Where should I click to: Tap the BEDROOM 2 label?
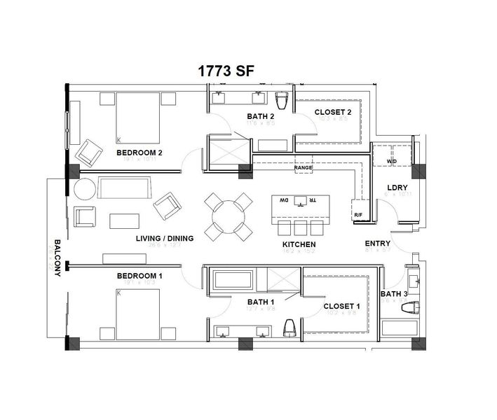(x=139, y=152)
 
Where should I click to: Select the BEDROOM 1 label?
(x=139, y=276)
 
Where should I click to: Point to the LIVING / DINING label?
(x=165, y=239)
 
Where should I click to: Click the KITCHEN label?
(x=299, y=245)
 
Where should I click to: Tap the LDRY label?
(x=397, y=187)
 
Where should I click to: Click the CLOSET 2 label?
(x=333, y=112)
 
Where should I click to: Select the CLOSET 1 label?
(x=342, y=307)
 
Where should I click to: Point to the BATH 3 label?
(x=394, y=294)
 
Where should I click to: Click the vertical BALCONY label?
(x=57, y=259)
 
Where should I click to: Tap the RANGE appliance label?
(x=304, y=168)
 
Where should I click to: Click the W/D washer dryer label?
(x=391, y=162)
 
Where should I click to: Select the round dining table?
(x=227, y=216)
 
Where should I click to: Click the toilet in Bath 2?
(x=283, y=102)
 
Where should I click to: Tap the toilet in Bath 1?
(x=289, y=328)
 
